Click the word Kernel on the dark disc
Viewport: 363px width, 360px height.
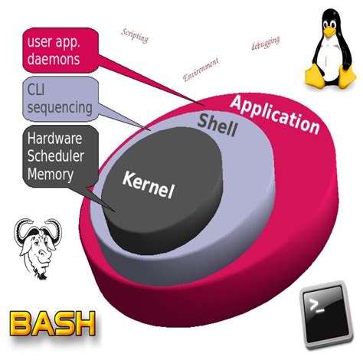(x=149, y=184)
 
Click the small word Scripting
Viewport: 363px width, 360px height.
(x=135, y=34)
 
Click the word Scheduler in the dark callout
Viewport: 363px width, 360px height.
(x=57, y=156)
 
